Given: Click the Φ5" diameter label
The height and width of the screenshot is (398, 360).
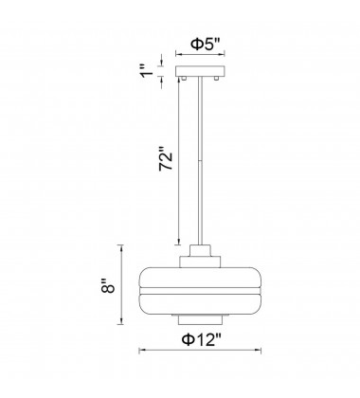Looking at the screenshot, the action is coord(205,45).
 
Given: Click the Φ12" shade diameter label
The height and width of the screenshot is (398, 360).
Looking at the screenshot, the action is coord(201,340).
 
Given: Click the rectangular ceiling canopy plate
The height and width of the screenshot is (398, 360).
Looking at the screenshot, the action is coord(200,71).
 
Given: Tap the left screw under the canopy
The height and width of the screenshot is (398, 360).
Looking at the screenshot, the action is coord(183,78).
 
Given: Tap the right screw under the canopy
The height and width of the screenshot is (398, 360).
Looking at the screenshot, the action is coord(217,78).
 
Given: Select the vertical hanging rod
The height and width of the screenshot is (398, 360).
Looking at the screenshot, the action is coord(200,161).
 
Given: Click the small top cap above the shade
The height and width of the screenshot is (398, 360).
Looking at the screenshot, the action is coord(200,251).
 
